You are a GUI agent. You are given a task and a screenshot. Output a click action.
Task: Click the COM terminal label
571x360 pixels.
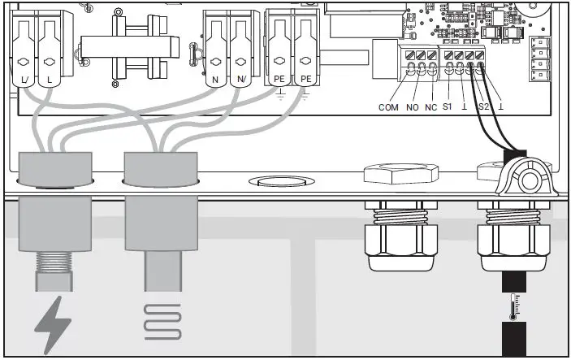pyautogui.click(x=388, y=107)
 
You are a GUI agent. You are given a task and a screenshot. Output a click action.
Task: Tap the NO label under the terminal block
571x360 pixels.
pyautogui.click(x=412, y=107)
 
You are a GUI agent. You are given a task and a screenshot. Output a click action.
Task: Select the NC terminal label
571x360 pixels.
pyautogui.click(x=431, y=107)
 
